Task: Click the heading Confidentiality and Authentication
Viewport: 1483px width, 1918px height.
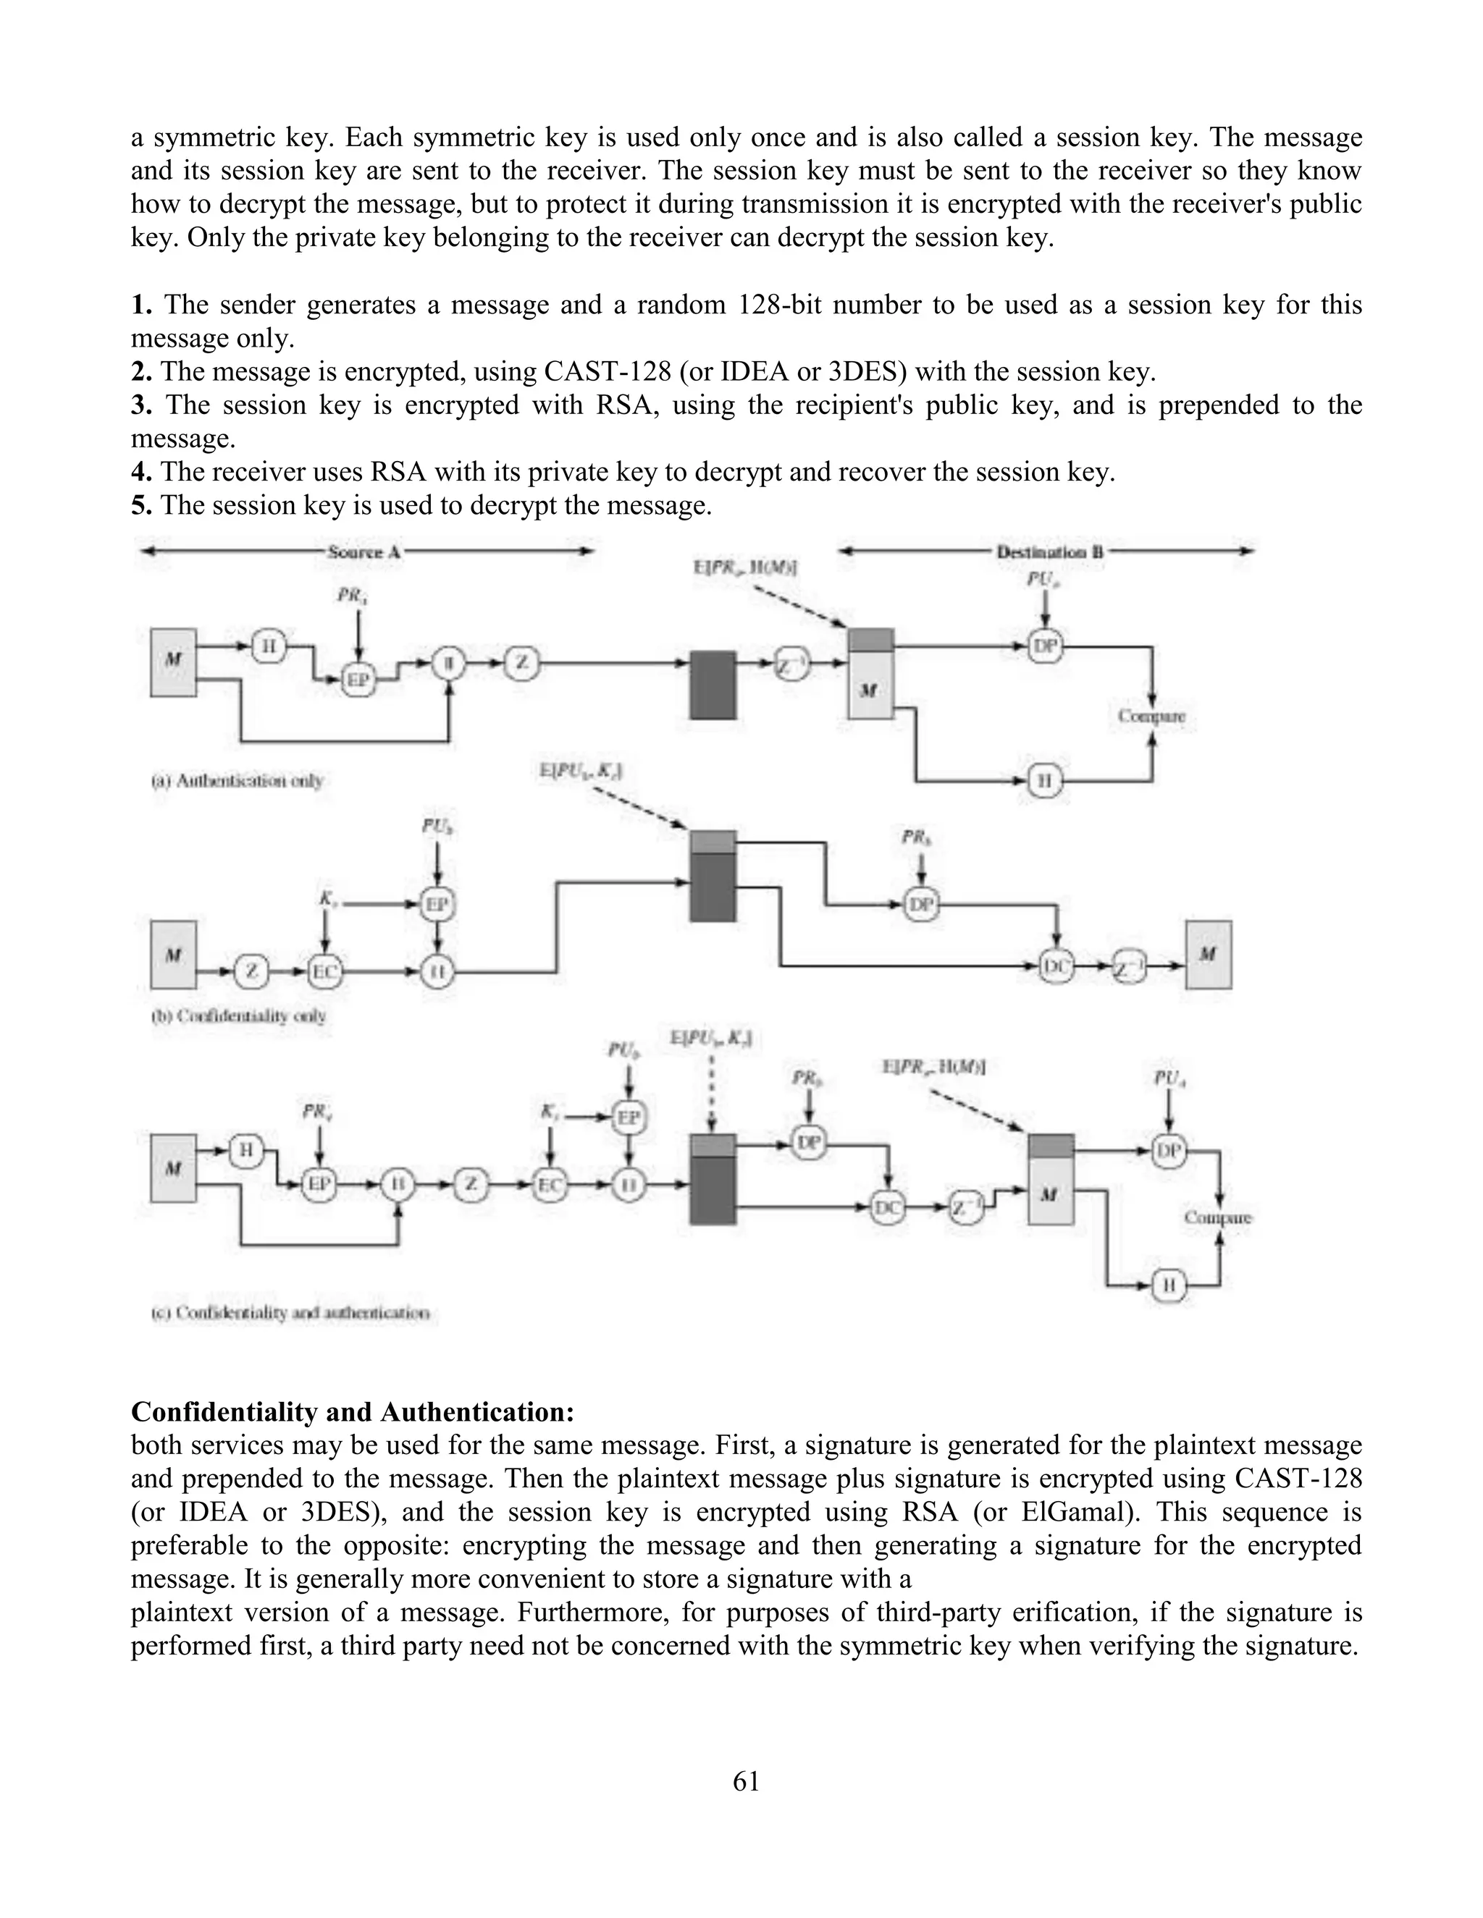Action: click(353, 1411)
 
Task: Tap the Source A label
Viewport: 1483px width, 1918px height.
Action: click(364, 552)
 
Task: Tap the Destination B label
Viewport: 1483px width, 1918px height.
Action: click(1050, 552)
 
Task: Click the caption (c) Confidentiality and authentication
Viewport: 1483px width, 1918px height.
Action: click(290, 1313)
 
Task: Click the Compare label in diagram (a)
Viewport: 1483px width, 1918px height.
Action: click(1151, 716)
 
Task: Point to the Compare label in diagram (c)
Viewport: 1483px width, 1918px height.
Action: click(1218, 1217)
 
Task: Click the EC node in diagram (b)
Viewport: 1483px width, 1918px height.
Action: click(326, 971)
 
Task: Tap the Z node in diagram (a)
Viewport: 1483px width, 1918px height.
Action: click(522, 663)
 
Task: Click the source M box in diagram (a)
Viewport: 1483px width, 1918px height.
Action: click(173, 662)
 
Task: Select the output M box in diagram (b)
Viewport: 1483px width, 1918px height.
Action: click(1208, 955)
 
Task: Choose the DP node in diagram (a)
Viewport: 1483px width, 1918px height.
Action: click(1045, 646)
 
